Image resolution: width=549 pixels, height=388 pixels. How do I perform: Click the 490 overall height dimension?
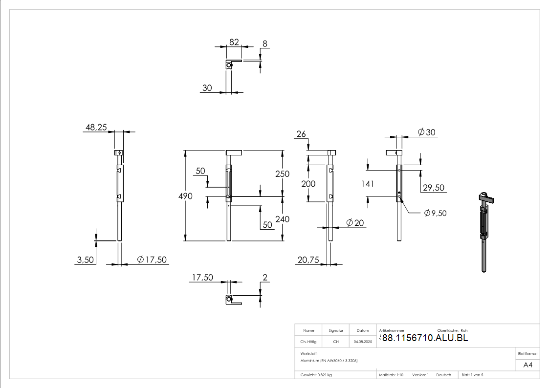point(185,196)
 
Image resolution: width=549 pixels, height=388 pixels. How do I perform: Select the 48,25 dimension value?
point(96,128)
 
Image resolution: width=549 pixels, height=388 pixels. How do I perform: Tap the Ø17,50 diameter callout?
point(152,259)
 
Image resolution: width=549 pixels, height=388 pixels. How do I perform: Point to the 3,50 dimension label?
point(86,260)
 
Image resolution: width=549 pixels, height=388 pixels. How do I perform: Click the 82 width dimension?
point(234,43)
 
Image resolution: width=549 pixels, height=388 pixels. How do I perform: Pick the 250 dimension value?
point(282,174)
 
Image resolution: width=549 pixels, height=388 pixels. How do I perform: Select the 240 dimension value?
point(282,219)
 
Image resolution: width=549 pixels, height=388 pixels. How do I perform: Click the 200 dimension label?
point(308,184)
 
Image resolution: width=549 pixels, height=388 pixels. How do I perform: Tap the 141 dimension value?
point(368,184)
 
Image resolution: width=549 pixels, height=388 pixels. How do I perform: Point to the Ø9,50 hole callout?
point(435,213)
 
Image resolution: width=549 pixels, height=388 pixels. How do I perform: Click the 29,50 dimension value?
point(434,188)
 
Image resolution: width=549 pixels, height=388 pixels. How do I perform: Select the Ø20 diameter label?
point(355,223)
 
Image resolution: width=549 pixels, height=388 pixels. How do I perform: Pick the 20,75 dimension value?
point(308,260)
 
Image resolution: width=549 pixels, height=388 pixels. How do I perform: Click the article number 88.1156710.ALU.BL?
point(425,338)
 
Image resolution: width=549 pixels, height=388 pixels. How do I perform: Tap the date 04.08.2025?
point(363,342)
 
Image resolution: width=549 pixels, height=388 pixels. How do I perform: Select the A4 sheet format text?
point(527,365)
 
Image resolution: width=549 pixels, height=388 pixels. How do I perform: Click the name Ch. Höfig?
point(308,342)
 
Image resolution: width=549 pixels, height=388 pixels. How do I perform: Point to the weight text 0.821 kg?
point(316,375)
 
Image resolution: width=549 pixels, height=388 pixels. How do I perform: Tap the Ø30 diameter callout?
point(426,132)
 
